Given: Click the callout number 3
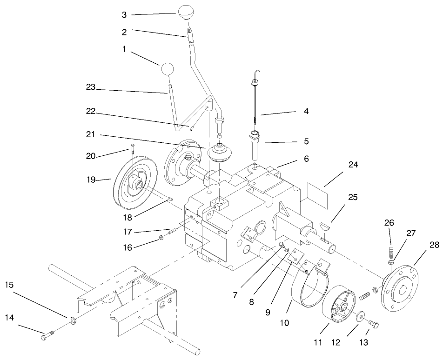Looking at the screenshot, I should (x=124, y=15).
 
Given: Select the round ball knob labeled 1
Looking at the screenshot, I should (x=168, y=70).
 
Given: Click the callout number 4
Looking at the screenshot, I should (x=305, y=112).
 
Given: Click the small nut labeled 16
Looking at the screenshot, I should (x=161, y=239).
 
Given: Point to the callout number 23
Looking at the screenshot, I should (x=91, y=87).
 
